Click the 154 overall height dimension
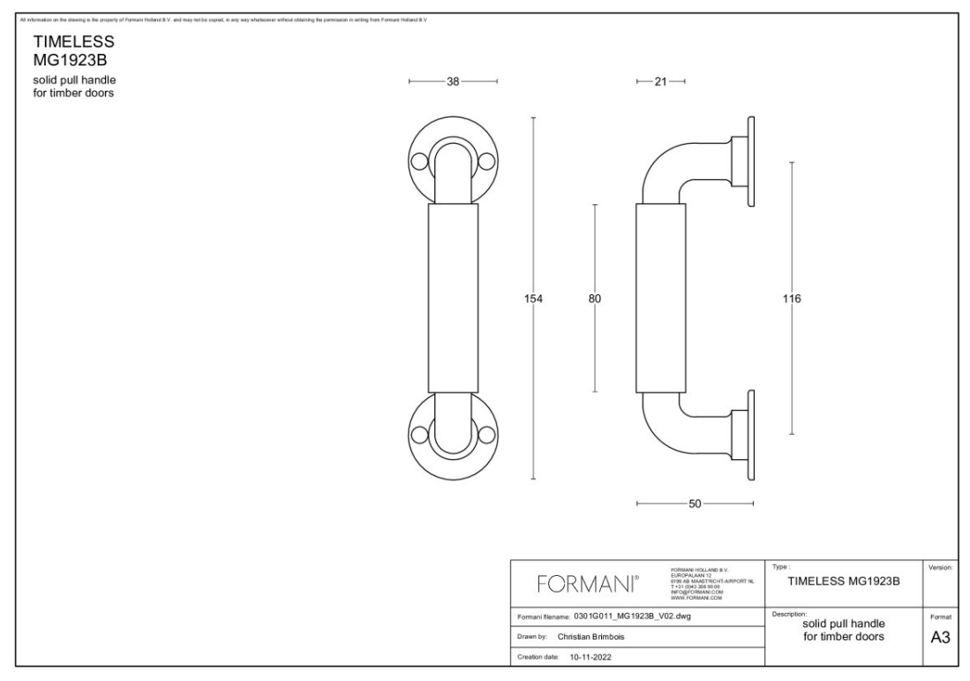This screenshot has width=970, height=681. click(x=533, y=299)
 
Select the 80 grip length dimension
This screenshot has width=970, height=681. click(x=595, y=299)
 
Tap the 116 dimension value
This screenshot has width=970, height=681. click(x=792, y=299)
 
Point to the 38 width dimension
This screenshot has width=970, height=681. click(x=453, y=81)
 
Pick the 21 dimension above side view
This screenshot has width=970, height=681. click(x=660, y=81)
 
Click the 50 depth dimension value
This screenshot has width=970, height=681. click(x=695, y=503)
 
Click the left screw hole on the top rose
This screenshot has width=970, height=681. click(x=420, y=162)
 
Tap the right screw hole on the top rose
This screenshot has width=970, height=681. click(x=485, y=162)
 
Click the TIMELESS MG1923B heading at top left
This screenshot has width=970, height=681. click(x=74, y=51)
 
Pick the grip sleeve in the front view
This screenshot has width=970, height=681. click(x=453, y=299)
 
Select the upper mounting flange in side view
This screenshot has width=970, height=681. click(x=751, y=162)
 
